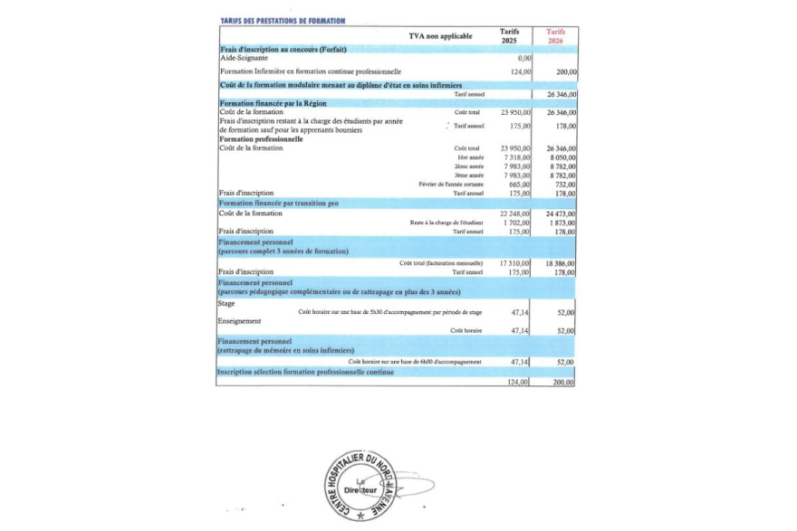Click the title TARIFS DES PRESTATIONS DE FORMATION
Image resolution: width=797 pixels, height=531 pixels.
click(x=283, y=20)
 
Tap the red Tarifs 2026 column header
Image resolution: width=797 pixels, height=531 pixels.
click(x=556, y=36)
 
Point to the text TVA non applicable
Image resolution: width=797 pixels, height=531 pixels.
click(x=440, y=36)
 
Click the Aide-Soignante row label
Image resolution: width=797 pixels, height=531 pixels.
click(x=244, y=57)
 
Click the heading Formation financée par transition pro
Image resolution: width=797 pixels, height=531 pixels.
click(x=279, y=204)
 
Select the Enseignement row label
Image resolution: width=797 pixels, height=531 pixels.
click(x=240, y=321)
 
